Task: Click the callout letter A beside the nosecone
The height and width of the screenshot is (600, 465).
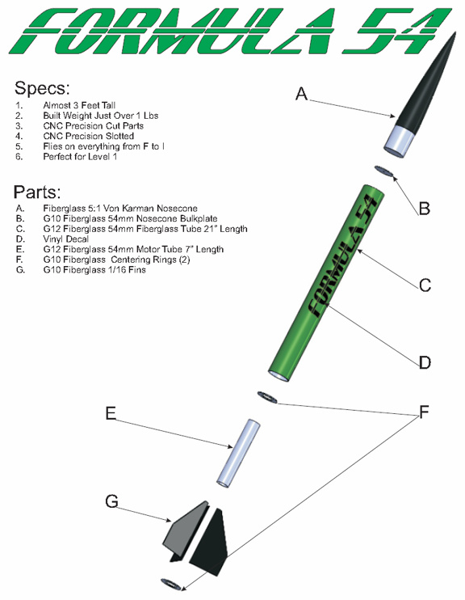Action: click(x=301, y=94)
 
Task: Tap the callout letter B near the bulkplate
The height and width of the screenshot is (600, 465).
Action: click(x=424, y=209)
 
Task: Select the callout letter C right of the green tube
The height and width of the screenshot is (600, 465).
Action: click(x=425, y=285)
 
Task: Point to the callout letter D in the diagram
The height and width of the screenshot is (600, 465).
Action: click(x=425, y=362)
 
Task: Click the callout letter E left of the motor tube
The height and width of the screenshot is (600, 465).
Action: click(x=111, y=413)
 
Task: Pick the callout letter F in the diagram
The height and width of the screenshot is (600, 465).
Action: click(x=424, y=412)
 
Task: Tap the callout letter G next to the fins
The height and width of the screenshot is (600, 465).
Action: click(x=111, y=501)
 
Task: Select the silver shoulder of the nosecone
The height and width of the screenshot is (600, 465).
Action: click(x=400, y=141)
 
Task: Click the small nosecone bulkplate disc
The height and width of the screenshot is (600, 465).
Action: click(x=384, y=171)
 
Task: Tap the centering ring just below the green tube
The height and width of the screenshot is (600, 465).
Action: click(x=267, y=397)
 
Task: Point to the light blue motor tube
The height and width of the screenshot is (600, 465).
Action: click(x=239, y=453)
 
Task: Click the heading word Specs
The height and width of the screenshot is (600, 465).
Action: click(x=42, y=88)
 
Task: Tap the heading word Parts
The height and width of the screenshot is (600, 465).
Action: click(x=37, y=192)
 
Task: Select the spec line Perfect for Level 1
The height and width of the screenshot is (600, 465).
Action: click(x=80, y=157)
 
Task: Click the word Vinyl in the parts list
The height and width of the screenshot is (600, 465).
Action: click(x=53, y=239)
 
